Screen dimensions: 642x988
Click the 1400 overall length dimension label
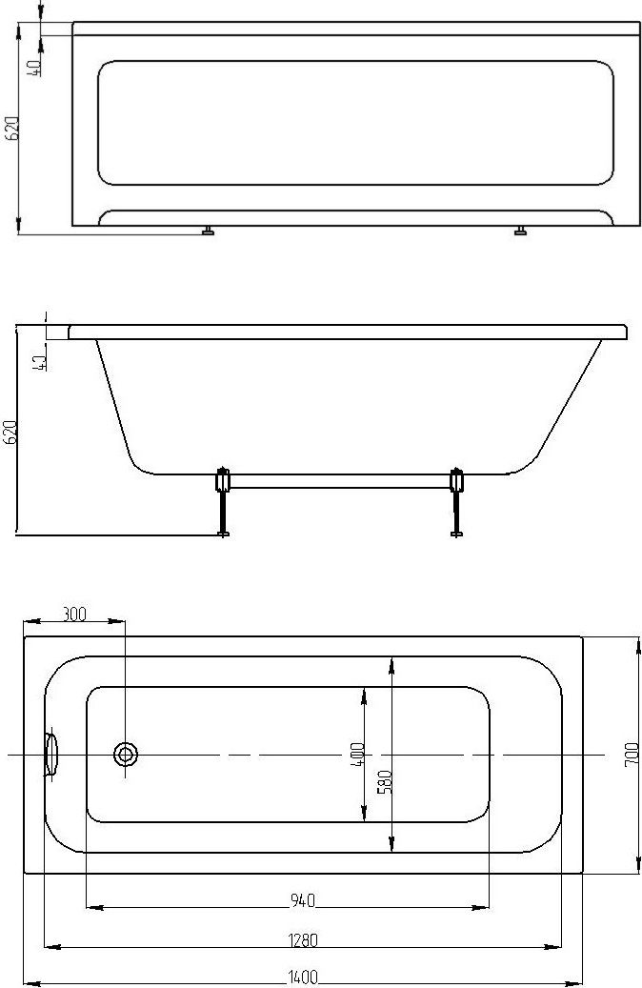(x=303, y=978)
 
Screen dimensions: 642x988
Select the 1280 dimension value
(x=303, y=940)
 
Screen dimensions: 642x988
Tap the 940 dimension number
(x=302, y=901)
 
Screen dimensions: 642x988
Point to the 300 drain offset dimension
(x=74, y=613)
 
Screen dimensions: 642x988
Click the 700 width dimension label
(x=632, y=755)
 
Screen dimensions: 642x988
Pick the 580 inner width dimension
(x=385, y=781)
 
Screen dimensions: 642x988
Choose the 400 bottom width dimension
(x=356, y=755)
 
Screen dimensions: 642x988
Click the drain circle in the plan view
(x=126, y=754)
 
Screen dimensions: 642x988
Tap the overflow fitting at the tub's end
(x=50, y=754)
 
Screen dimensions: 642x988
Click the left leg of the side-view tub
(x=222, y=501)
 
